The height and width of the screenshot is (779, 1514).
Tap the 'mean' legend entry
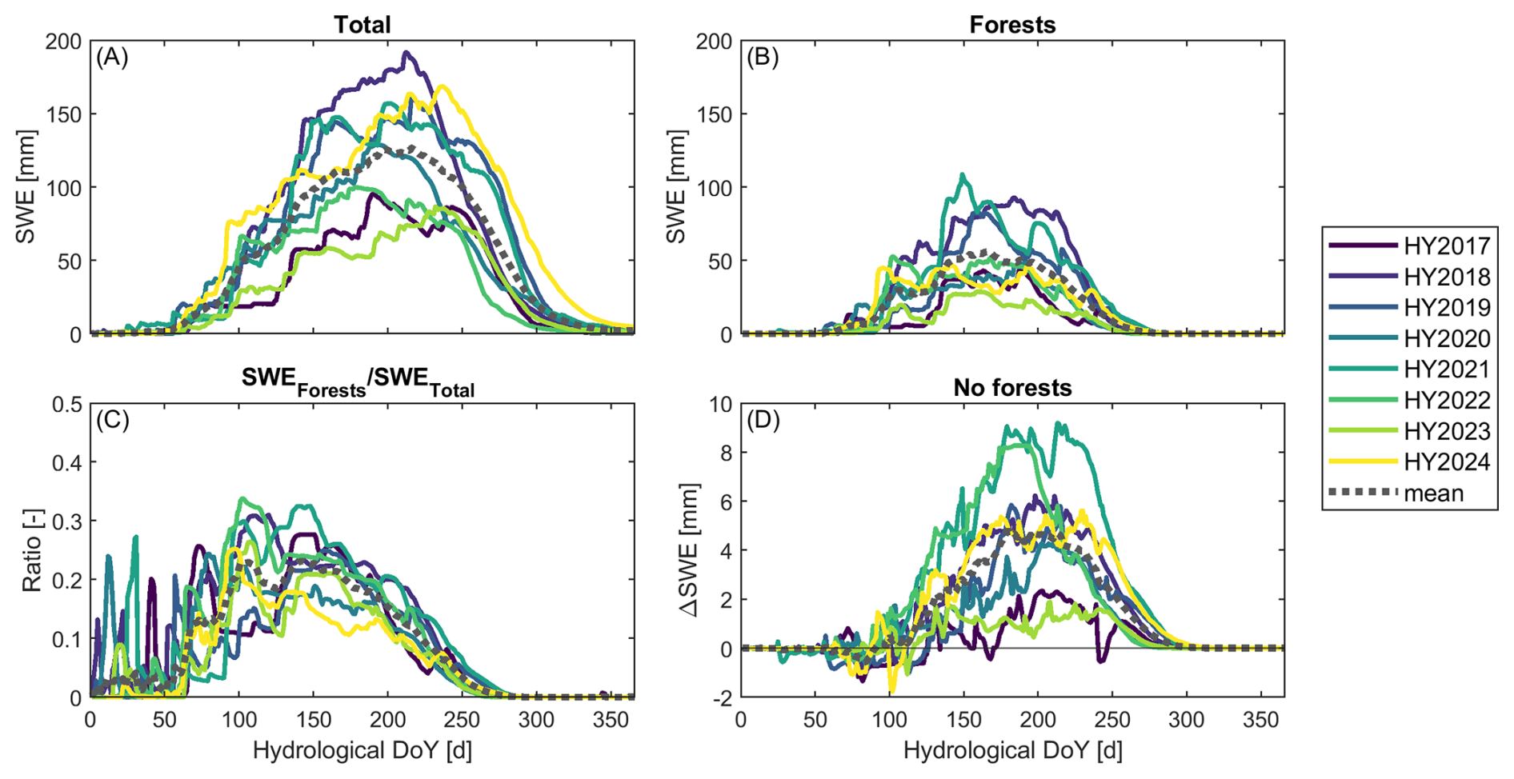pyautogui.click(x=1433, y=493)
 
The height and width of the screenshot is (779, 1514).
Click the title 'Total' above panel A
pyautogui.click(x=362, y=25)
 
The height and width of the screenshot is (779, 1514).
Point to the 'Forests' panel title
pyautogui.click(x=1012, y=25)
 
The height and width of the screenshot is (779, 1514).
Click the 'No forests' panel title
pyautogui.click(x=1012, y=388)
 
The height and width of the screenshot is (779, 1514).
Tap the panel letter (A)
pyautogui.click(x=112, y=58)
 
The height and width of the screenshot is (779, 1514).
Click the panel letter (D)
pyautogui.click(x=763, y=420)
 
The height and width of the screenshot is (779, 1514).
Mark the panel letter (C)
pyautogui.click(x=112, y=420)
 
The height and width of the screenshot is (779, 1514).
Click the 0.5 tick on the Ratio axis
pyautogui.click(x=68, y=404)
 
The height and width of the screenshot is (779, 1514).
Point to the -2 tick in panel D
pyautogui.click(x=723, y=698)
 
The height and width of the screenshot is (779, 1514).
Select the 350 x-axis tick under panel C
pyautogui.click(x=611, y=721)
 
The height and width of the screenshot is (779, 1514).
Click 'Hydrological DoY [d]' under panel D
pyautogui.click(x=1012, y=751)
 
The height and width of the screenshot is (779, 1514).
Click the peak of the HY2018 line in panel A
pyautogui.click(x=407, y=53)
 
